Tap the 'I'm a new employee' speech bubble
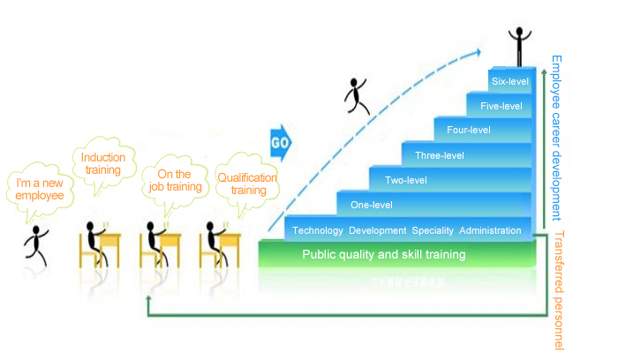34,189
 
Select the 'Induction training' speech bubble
103,164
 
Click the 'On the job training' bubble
171,180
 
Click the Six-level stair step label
509,81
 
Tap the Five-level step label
501,107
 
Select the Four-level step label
468,131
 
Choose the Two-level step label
406,181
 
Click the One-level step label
372,206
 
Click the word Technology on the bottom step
317,230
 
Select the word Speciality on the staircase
433,230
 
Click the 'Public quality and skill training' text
384,255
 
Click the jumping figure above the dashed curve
358,95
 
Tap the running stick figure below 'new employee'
39,244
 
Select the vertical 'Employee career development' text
556,137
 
